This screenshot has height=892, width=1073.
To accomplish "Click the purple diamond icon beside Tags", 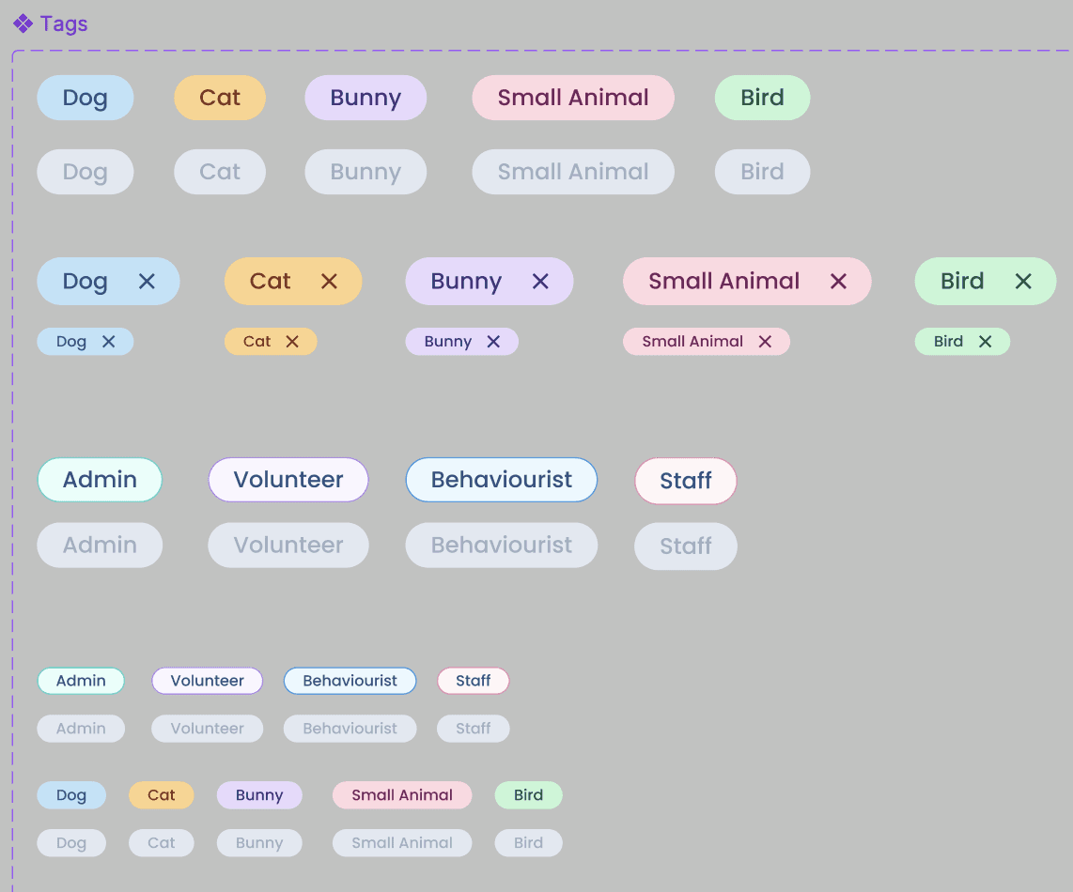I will point(23,23).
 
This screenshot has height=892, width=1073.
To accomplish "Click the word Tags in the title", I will point(64,23).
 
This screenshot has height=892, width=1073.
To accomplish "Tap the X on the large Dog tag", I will point(147,281).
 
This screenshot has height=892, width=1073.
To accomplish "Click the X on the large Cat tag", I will point(329,281).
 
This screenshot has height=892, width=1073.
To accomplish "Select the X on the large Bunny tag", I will point(540,281).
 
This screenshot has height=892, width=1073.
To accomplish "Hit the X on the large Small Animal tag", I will point(839,281).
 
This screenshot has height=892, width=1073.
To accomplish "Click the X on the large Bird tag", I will point(1023,281).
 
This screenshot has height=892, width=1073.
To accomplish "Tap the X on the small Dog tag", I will point(108,342).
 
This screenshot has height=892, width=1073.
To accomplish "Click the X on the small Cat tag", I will point(292,342).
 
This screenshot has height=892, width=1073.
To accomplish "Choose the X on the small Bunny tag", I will point(493,342).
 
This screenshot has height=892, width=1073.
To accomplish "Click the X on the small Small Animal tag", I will point(765,342).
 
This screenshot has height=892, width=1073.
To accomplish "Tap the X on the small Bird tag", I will point(985,342).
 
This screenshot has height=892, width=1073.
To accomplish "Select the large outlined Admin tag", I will point(100,480).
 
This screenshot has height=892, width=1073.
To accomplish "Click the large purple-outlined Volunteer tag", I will point(288,480).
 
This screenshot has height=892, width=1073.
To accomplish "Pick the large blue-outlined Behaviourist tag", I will point(502,480).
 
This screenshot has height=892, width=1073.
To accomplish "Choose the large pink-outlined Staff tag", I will point(686,481).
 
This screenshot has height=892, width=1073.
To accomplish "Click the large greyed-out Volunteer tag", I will point(288,545).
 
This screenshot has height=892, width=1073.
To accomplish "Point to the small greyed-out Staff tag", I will point(474,729).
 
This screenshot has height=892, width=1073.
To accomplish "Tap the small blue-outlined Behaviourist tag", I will point(350,681).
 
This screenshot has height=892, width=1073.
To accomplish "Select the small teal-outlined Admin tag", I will point(81,681).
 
